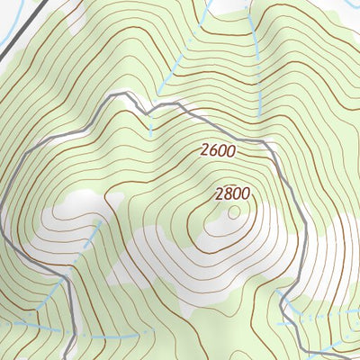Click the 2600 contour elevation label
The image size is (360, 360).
(x=218, y=152)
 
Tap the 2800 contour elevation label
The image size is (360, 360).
(x=232, y=193)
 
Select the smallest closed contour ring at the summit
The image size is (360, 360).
(x=235, y=212)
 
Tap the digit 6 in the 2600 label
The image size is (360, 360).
(x=214, y=152)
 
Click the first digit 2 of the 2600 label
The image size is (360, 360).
(x=205, y=152)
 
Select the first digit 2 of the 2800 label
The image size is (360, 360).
(x=220, y=193)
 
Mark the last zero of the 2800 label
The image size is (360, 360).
(x=246, y=193)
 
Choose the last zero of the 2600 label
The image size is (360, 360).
(x=231, y=152)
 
